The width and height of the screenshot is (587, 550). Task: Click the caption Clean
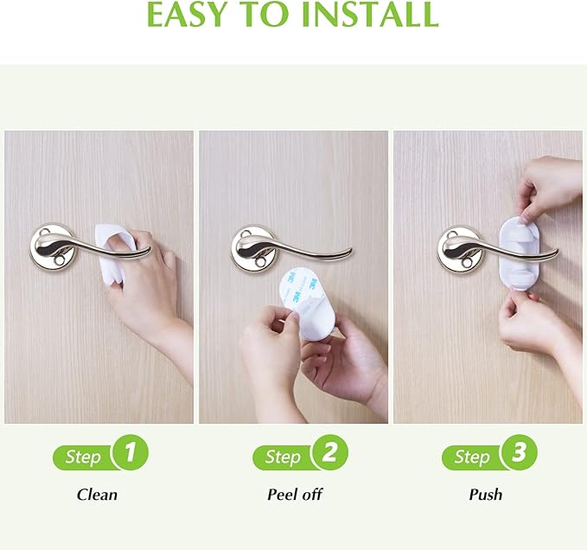[x=97, y=495]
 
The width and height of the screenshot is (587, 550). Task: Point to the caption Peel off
[x=295, y=495]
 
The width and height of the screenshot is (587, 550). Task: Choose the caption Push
[x=485, y=495]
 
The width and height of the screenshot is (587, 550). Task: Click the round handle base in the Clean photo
[x=54, y=246]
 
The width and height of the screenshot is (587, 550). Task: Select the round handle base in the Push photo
[x=460, y=246]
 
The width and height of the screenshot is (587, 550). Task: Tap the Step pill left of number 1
[x=82, y=457]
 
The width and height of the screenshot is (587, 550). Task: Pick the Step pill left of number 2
[x=282, y=457]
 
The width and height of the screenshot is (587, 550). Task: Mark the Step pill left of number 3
[x=471, y=457]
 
